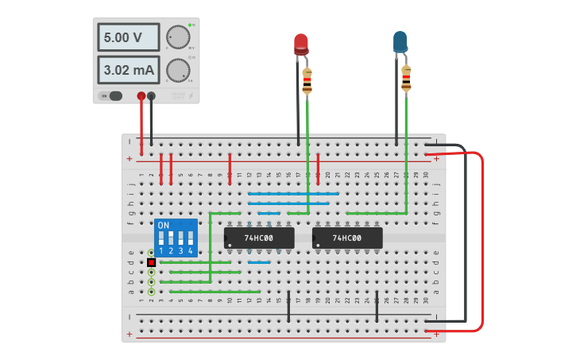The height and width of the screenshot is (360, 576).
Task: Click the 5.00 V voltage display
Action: (128, 37)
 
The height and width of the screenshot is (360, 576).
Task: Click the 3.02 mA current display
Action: (128, 70)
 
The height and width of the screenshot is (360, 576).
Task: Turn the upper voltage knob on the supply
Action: (177, 37)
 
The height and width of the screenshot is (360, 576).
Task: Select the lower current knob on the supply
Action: (177, 70)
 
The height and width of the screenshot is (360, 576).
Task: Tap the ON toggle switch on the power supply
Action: (112, 96)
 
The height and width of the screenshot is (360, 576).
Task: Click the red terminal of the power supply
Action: (141, 96)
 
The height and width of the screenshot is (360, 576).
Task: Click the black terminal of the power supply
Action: (151, 96)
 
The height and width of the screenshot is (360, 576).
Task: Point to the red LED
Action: (301, 44)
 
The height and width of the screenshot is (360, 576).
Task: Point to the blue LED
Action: (400, 42)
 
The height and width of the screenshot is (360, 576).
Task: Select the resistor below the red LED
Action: (307, 80)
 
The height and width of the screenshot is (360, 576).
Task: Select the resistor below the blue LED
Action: (406, 78)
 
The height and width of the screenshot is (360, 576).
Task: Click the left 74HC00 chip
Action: (259, 238)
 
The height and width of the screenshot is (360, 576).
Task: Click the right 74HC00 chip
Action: (347, 238)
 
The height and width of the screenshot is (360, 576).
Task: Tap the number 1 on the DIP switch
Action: (161, 251)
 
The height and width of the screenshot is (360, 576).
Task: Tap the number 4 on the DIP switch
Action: (191, 251)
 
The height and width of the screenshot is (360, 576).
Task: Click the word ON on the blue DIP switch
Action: (164, 226)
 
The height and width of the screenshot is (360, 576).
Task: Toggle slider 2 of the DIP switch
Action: (171, 238)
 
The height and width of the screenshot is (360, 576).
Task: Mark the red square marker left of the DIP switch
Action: (151, 261)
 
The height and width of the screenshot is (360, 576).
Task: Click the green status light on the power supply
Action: (191, 25)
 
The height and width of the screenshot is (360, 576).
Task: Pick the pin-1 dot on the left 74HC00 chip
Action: (230, 245)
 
